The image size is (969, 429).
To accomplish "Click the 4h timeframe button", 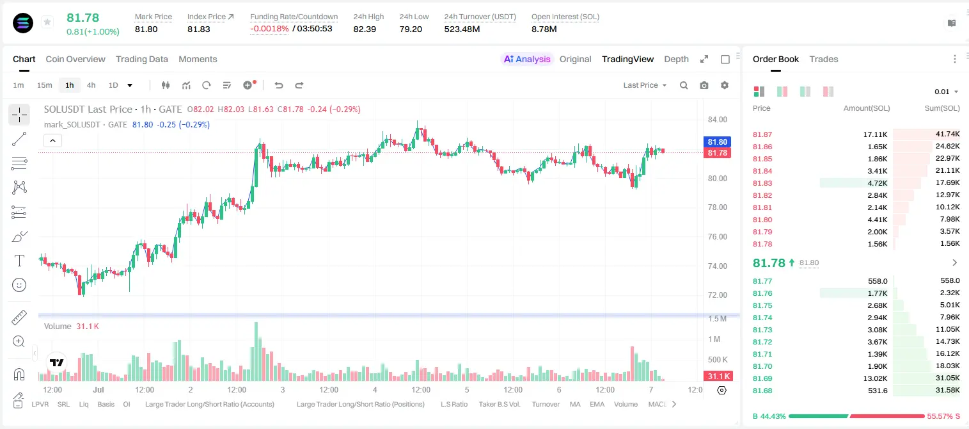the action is (x=91, y=85).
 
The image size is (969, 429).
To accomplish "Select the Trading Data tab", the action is (x=141, y=59).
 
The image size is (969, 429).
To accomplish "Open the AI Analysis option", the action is (x=527, y=59).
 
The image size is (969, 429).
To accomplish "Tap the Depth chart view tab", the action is (x=676, y=59).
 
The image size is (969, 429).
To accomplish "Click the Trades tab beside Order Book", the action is (x=824, y=59).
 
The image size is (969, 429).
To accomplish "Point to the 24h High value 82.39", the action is (x=365, y=29).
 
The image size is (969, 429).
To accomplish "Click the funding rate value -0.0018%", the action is (x=269, y=29).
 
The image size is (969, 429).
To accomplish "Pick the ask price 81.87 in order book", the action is (x=762, y=134).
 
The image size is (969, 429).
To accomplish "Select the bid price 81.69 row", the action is (x=762, y=378).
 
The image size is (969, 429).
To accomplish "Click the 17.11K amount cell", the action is (x=875, y=134).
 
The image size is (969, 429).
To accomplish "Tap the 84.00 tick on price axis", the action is (x=717, y=120).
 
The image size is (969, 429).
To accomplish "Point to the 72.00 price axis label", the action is (x=717, y=295).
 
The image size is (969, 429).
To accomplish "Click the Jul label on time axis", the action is (x=98, y=389).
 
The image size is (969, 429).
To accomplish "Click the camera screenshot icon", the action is (x=704, y=85).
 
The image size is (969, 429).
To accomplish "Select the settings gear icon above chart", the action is (x=725, y=85).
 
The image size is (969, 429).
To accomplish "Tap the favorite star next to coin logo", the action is (x=47, y=22).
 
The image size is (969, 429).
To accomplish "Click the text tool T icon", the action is (x=19, y=261).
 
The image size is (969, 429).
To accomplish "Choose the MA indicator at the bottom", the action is (x=575, y=404).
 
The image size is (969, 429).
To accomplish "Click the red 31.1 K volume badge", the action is (x=718, y=376).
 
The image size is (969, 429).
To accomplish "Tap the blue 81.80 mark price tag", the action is (x=717, y=142).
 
